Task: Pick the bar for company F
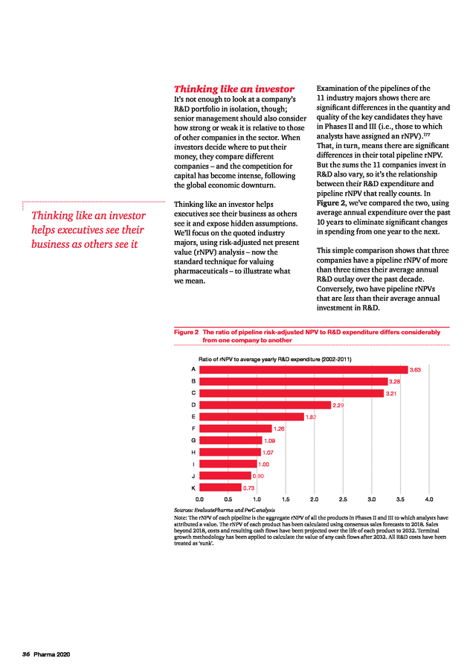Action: pyautogui.click(x=235, y=428)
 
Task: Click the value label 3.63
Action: pyautogui.click(x=416, y=369)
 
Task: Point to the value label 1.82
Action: pyautogui.click(x=312, y=417)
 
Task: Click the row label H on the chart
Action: pyautogui.click(x=193, y=452)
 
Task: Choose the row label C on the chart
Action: pyautogui.click(x=193, y=392)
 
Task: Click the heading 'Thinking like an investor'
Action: pyautogui.click(x=234, y=89)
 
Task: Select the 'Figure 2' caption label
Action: pyautogui.click(x=186, y=332)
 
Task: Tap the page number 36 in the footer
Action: pyautogui.click(x=25, y=654)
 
